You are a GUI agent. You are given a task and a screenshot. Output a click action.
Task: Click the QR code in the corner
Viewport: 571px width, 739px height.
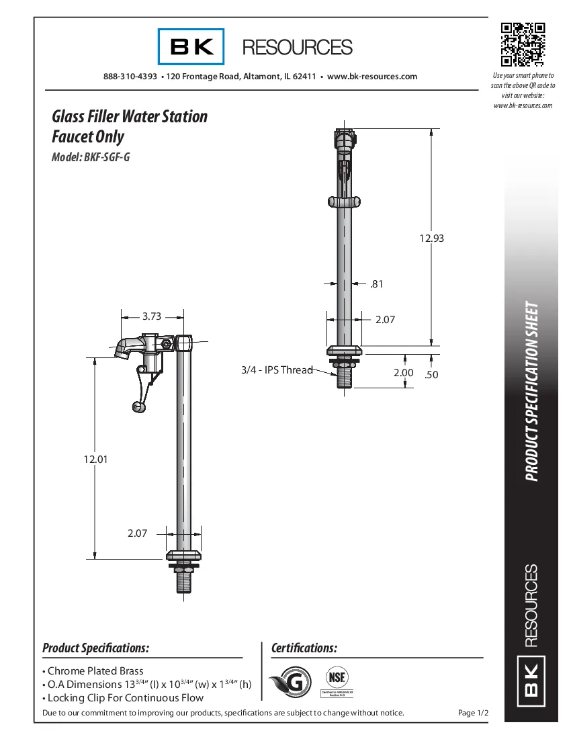pyautogui.click(x=523, y=45)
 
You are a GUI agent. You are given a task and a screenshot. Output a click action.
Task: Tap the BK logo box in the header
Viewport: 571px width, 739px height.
pyautogui.click(x=191, y=47)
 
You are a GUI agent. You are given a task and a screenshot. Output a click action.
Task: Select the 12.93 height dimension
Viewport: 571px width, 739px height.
pyautogui.click(x=432, y=238)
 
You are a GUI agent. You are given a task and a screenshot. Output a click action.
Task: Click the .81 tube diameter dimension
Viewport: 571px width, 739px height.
pyautogui.click(x=376, y=284)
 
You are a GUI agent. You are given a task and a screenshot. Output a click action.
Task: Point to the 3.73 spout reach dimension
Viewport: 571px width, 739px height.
pyautogui.click(x=152, y=316)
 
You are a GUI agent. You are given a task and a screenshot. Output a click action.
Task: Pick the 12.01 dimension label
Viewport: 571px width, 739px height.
pyautogui.click(x=95, y=460)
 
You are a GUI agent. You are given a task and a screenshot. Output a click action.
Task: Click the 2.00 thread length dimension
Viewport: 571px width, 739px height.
pyautogui.click(x=403, y=373)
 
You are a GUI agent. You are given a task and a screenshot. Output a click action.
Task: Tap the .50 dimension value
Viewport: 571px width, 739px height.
pyautogui.click(x=431, y=375)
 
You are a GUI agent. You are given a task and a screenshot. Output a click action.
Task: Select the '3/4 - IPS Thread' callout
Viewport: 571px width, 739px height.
pyautogui.click(x=277, y=369)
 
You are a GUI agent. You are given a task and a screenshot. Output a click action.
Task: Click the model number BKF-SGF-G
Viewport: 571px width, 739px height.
pyautogui.click(x=91, y=158)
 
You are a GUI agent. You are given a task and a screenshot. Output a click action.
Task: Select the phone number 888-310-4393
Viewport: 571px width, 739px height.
pyautogui.click(x=130, y=77)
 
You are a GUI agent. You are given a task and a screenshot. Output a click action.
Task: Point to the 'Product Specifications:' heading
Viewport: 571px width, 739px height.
pyautogui.click(x=95, y=648)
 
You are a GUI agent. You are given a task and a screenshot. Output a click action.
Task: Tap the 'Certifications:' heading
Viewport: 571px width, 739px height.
pyautogui.click(x=304, y=648)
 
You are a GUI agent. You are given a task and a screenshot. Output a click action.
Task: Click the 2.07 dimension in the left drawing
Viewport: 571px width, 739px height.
pyautogui.click(x=137, y=533)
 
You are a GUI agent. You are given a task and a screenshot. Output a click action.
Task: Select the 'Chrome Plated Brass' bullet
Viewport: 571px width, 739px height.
pyautogui.click(x=95, y=671)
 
